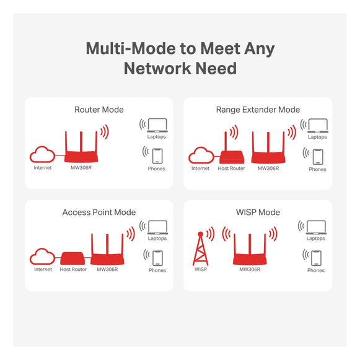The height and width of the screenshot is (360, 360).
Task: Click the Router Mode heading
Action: point(99,110)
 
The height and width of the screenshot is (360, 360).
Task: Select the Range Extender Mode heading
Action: point(258,110)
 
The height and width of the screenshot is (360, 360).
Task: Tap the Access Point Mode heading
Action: point(99,212)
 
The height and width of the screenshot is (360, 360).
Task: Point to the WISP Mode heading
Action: point(258,212)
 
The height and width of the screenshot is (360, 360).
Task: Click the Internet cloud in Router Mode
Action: point(43,154)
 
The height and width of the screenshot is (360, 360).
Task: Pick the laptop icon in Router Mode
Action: point(157,125)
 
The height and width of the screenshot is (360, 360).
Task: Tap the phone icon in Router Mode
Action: point(157,156)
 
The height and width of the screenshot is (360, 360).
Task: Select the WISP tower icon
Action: point(200,248)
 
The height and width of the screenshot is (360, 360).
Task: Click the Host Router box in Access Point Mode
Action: point(72,258)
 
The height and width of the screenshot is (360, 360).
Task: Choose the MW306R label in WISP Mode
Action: point(250,270)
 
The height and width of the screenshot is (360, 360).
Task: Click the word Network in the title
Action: point(157,68)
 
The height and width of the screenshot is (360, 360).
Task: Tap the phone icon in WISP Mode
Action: point(316,258)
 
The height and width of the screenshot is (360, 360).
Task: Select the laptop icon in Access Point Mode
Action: point(157,227)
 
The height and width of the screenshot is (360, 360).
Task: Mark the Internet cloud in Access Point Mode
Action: point(43,257)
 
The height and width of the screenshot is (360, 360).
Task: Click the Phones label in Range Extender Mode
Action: point(317,169)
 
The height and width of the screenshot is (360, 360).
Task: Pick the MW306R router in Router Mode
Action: point(81,147)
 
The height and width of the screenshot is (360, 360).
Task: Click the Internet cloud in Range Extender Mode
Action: point(201,155)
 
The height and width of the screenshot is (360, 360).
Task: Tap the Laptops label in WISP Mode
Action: point(315,239)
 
